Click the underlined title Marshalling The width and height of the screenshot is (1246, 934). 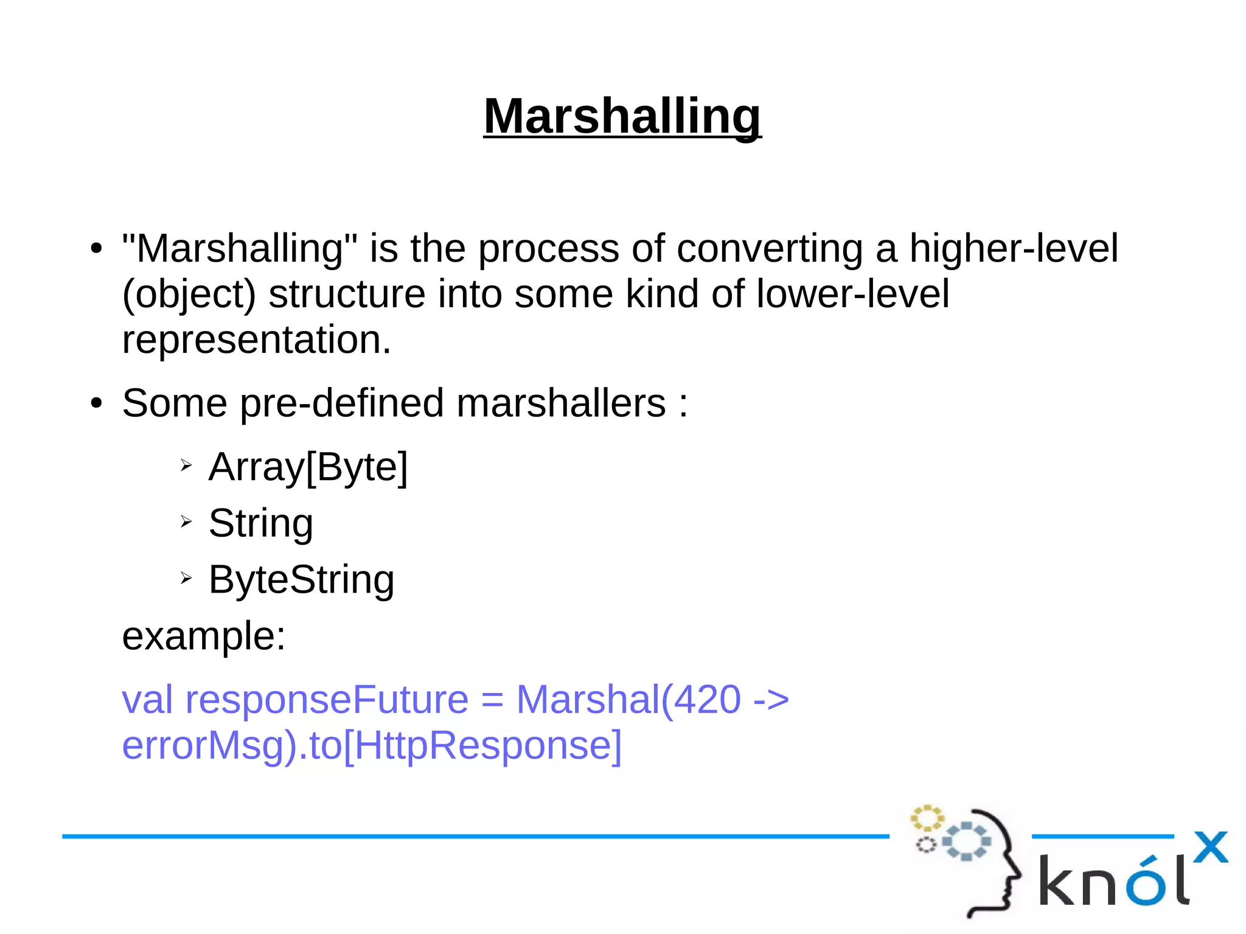[x=622, y=116]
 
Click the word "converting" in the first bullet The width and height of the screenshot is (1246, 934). [x=769, y=249]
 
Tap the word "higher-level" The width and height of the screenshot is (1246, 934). [x=1013, y=249]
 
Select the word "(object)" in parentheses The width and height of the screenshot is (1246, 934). [x=189, y=295]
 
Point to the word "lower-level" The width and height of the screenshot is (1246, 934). [x=852, y=294]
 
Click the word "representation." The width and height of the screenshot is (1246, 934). [x=256, y=340]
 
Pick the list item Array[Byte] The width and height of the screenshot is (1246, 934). [x=308, y=467]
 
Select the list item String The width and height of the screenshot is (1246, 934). [x=261, y=523]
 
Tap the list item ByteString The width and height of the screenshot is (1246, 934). [x=301, y=580]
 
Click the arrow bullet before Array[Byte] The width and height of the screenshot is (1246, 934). [x=186, y=466]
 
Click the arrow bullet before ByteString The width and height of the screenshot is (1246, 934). [x=186, y=578]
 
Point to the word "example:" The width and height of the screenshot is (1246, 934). [x=204, y=636]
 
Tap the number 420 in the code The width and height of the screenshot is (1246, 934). [x=707, y=700]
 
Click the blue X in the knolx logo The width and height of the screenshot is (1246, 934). [x=1210, y=847]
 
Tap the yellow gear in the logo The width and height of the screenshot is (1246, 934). [x=926, y=818]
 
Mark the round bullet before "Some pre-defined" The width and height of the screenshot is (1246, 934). [x=96, y=403]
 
